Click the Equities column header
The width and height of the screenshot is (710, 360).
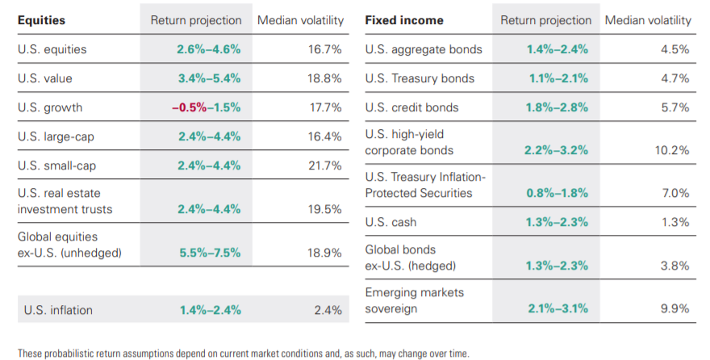pos(42,20)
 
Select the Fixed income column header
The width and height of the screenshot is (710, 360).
pos(397,20)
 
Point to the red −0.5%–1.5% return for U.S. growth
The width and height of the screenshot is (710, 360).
pos(208,107)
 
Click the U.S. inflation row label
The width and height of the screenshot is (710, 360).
pos(58,310)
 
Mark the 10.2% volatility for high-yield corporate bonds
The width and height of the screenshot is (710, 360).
pos(672,150)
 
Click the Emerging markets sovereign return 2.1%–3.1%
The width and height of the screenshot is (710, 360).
pos(557,308)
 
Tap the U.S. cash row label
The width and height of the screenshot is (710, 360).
pos(392,222)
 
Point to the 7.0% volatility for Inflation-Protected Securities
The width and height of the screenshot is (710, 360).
pos(675,194)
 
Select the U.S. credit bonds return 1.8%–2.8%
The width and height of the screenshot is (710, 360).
pos(557,107)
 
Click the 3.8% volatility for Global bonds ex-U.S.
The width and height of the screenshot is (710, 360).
pos(675,266)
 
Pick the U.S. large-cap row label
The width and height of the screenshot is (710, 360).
pos(56,136)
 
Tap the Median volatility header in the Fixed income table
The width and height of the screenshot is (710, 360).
pos(648,20)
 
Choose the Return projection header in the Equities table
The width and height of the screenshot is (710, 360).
pos(196,20)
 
